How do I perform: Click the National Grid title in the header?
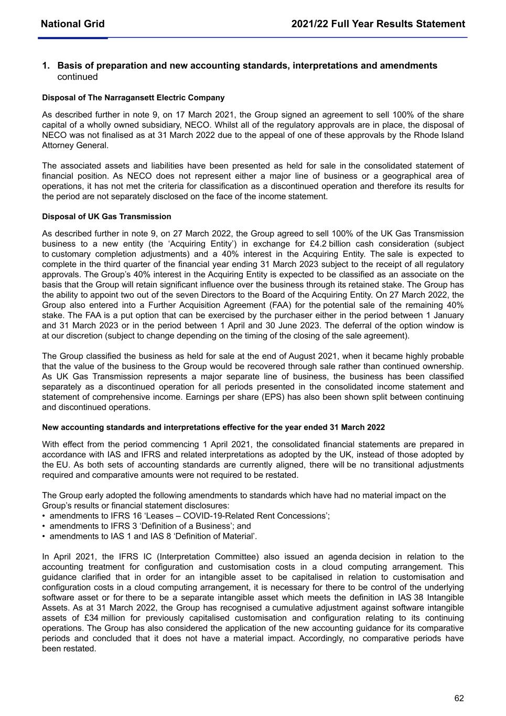[x=72, y=24]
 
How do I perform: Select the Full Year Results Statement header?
[x=378, y=24]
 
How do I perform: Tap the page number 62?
[x=459, y=698]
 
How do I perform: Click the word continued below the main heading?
[x=78, y=77]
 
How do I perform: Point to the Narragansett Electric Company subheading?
[x=133, y=98]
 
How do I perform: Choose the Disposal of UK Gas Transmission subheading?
[x=106, y=217]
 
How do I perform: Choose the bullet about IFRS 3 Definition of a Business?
[x=150, y=526]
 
